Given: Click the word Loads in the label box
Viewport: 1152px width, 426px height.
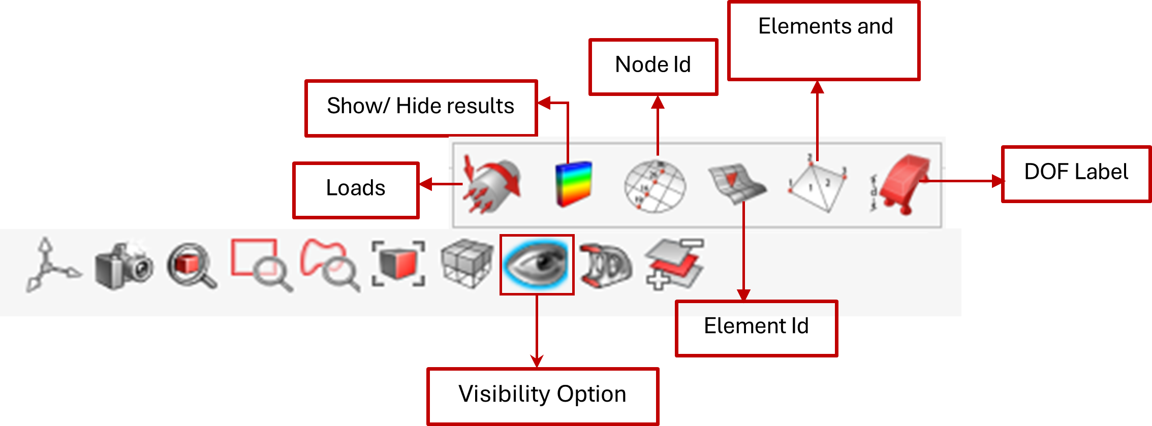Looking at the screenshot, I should [356, 188].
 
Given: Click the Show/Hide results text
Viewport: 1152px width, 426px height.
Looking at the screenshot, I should [407, 107].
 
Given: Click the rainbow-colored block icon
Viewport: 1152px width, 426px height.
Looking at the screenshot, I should [574, 184].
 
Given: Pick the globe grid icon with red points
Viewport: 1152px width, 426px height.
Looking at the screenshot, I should [655, 186].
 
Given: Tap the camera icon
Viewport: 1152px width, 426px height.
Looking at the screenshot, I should [123, 266].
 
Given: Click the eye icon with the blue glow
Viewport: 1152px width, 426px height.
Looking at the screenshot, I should [537, 264].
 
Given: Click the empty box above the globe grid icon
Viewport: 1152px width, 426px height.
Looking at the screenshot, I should [653, 67].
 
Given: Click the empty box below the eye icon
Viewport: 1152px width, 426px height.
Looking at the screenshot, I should [543, 396].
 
